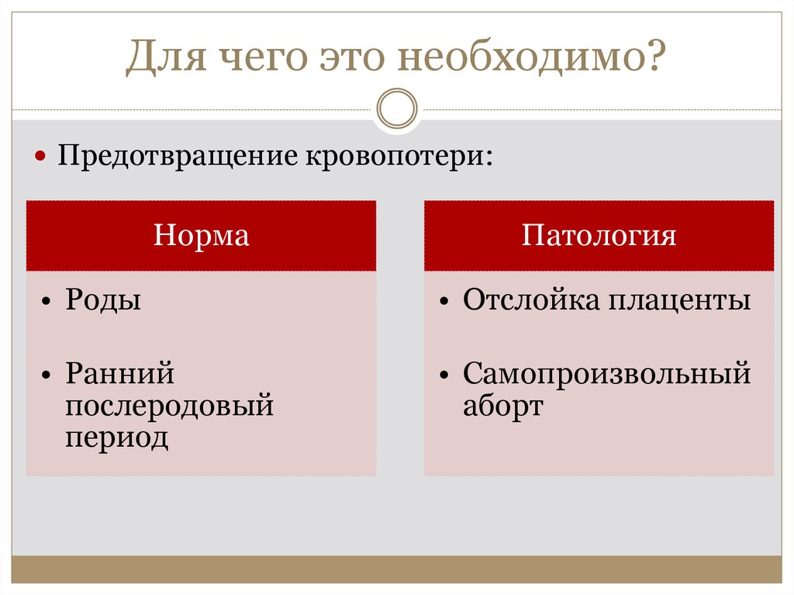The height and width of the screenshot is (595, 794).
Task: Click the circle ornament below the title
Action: pyautogui.click(x=396, y=108)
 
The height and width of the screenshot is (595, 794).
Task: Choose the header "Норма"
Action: pyautogui.click(x=201, y=235)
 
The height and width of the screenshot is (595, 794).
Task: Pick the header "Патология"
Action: pyautogui.click(x=599, y=235)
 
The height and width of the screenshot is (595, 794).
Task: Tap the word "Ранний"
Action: pyautogui.click(x=119, y=374)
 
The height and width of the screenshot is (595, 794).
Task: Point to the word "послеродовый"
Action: pyautogui.click(x=169, y=406)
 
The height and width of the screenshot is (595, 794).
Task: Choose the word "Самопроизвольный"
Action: pyautogui.click(x=606, y=374)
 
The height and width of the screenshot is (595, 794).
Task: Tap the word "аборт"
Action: pyautogui.click(x=502, y=406)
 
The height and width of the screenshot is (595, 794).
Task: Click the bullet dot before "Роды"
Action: pyautogui.click(x=47, y=302)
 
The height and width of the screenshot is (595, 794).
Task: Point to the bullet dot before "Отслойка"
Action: pyautogui.click(x=444, y=302)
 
